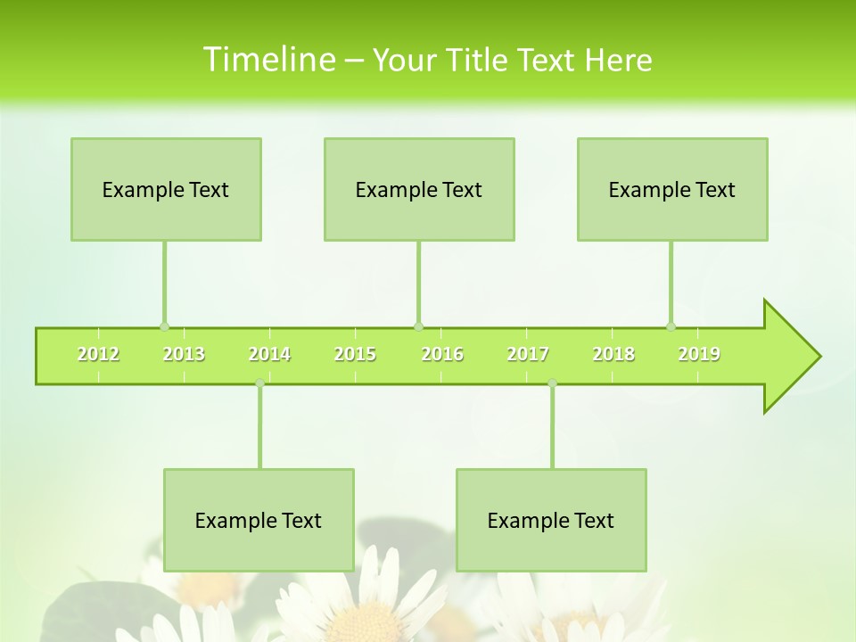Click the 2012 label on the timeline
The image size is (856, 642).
point(98,354)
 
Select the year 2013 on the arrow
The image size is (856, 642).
point(184,354)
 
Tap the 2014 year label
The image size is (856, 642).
point(269,354)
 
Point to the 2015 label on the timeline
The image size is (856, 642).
point(355,354)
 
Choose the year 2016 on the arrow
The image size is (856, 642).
point(442,354)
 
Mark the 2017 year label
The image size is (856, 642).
point(528,354)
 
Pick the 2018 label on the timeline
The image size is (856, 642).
point(613,354)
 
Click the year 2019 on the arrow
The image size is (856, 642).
point(699,354)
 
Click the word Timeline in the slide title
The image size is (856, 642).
point(267,60)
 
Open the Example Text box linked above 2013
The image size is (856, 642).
point(166,189)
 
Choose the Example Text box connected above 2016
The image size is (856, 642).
point(419,189)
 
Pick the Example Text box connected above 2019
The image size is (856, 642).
point(672,189)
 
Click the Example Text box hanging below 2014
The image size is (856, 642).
point(259,520)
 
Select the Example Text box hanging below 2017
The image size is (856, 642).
point(551,520)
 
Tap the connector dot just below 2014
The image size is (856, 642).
point(259,383)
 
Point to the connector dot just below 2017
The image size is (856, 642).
point(552,383)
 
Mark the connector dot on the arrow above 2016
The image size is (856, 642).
point(418,326)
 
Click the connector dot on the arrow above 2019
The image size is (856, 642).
point(671,326)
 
